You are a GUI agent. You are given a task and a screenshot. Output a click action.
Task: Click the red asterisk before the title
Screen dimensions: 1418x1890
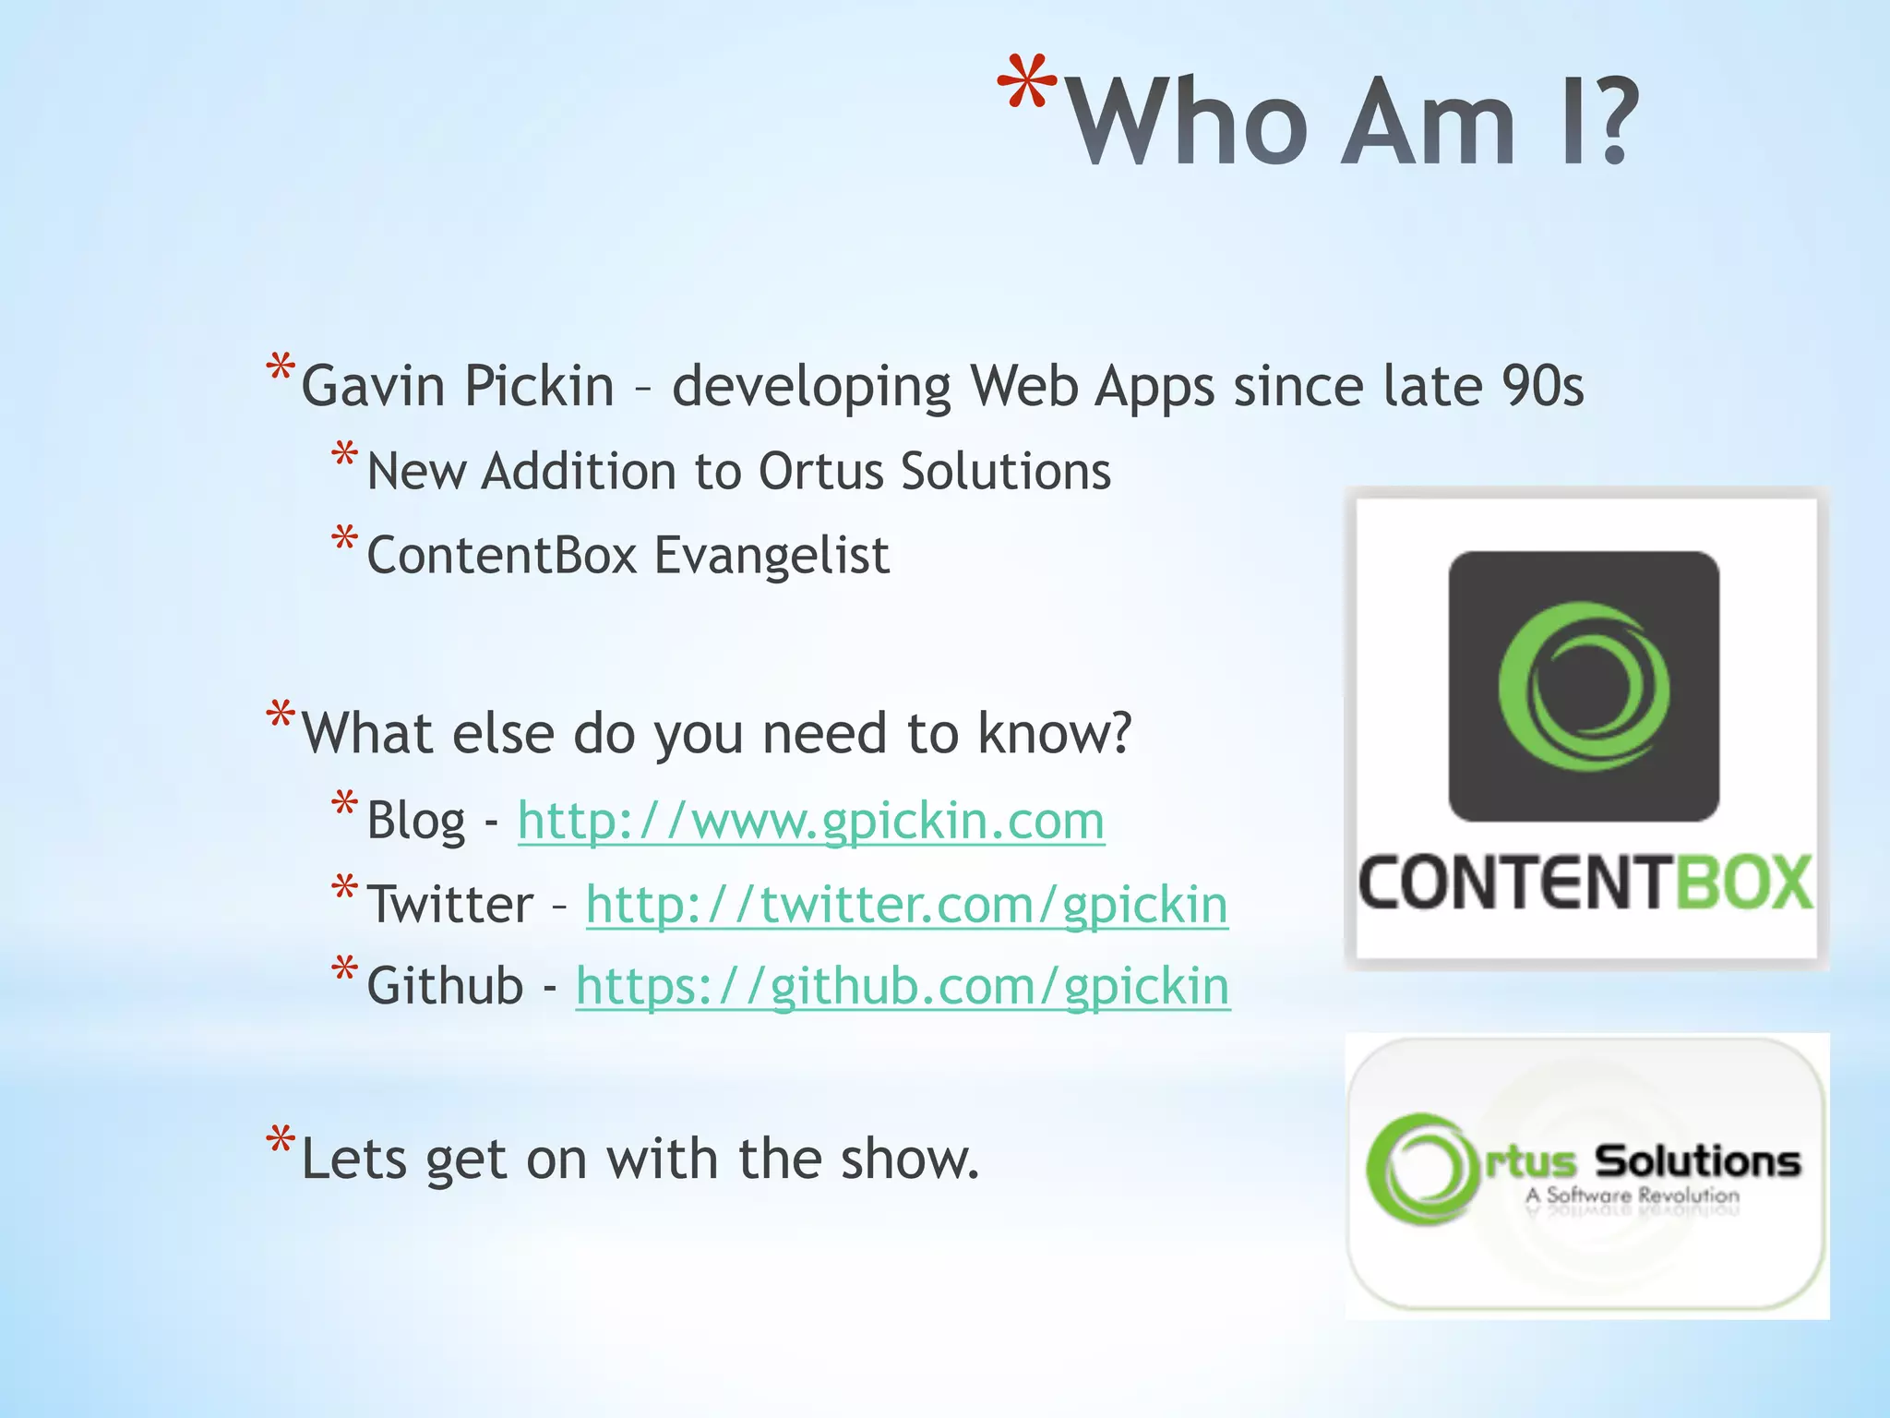pyautogui.click(x=1026, y=85)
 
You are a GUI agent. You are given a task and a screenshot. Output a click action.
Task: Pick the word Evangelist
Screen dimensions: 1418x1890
pyautogui.click(x=772, y=556)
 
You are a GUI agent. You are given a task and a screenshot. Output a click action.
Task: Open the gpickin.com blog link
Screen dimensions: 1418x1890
pyautogui.click(x=810, y=821)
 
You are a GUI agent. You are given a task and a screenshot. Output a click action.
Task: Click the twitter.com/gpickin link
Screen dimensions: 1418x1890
pyautogui.click(x=906, y=905)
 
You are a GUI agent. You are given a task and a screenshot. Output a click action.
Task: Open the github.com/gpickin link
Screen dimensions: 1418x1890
pyautogui.click(x=902, y=987)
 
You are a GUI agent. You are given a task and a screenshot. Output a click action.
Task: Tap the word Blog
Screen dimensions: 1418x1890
pyautogui.click(x=416, y=821)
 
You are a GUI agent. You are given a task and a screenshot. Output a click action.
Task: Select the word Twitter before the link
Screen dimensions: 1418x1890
pyautogui.click(x=450, y=905)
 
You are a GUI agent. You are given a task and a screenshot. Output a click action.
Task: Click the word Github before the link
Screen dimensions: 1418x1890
pyautogui.click(x=446, y=987)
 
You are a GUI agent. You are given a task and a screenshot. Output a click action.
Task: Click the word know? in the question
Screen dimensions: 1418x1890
pyautogui.click(x=1054, y=734)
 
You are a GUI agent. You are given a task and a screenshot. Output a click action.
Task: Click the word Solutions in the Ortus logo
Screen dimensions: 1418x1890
pyautogui.click(x=1697, y=1161)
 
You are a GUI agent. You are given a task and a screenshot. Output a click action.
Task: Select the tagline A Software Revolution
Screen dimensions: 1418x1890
pyautogui.click(x=1632, y=1196)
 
